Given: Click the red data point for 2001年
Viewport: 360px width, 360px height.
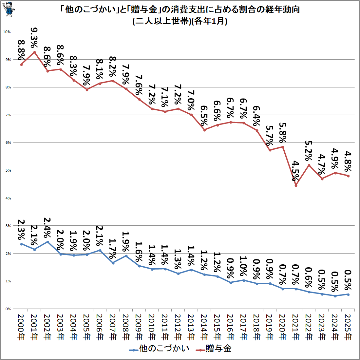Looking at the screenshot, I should click(34, 52).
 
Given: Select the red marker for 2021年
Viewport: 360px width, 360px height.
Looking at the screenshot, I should click(296, 185).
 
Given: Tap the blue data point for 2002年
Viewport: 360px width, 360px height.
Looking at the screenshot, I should click(47, 242).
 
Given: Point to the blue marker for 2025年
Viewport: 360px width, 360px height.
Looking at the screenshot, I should click(348, 294).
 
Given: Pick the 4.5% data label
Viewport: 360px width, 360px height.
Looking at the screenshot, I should click(295, 171).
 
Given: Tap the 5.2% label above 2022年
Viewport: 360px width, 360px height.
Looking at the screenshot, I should click(309, 150).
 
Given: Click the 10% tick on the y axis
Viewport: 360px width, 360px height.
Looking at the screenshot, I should click(7, 32).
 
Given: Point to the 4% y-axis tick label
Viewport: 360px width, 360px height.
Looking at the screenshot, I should click(8, 198).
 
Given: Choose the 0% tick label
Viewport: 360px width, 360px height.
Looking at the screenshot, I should click(8, 309).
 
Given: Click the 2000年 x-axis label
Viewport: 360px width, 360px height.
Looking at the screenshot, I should click(21, 326).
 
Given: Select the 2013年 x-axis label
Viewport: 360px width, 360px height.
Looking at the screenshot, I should click(191, 326).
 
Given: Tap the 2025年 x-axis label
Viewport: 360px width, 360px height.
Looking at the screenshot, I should click(348, 326).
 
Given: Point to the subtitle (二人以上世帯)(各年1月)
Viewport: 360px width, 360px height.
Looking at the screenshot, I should click(180, 21).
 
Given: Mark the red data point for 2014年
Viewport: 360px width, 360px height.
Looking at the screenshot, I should click(204, 130).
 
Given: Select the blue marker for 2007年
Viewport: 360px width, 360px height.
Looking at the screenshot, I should click(113, 263).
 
